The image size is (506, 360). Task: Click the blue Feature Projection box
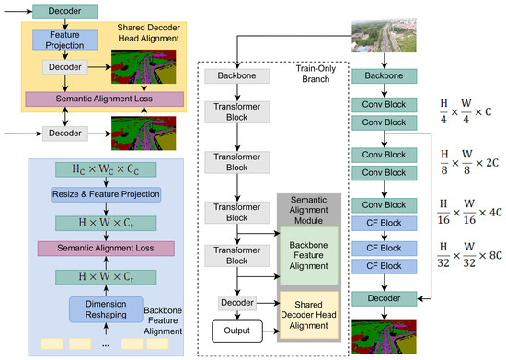click(x=65, y=40)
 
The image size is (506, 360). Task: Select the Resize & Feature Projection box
click(x=106, y=194)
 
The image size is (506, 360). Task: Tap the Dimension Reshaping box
click(x=106, y=309)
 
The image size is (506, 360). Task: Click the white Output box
click(x=237, y=331)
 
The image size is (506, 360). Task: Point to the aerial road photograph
click(x=384, y=36)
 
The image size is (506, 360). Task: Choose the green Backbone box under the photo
click(x=384, y=76)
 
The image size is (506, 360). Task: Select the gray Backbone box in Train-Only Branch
click(x=237, y=76)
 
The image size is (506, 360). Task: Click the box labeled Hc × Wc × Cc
click(x=106, y=169)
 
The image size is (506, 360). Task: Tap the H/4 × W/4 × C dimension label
click(x=466, y=111)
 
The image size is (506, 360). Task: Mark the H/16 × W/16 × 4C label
click(x=469, y=212)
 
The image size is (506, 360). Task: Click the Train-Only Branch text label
click(x=316, y=74)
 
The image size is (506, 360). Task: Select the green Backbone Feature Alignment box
click(x=309, y=256)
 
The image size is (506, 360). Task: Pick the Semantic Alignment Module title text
click(x=308, y=210)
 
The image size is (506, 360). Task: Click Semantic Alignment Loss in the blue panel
click(x=106, y=249)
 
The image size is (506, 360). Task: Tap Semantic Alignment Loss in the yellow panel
click(x=105, y=99)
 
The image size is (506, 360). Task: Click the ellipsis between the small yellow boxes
click(x=106, y=345)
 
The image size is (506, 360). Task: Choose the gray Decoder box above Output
click(x=237, y=303)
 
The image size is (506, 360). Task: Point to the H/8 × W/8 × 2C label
click(x=469, y=162)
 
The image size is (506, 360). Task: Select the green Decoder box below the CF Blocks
click(x=384, y=298)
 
